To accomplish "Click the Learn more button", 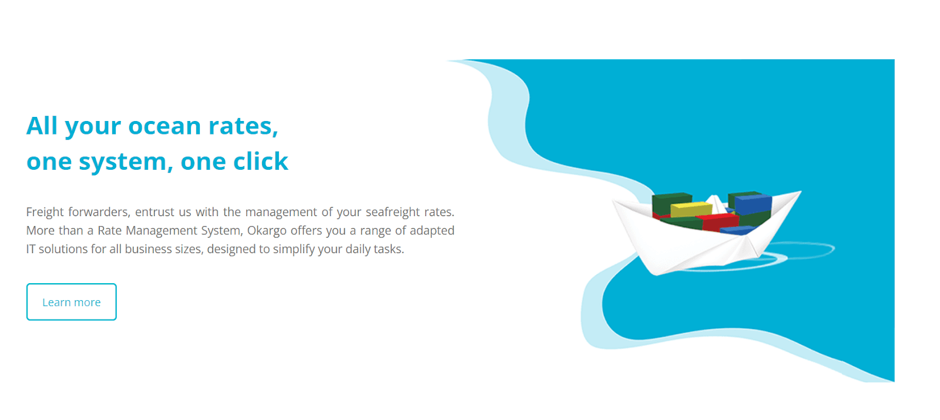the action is tap(71, 302).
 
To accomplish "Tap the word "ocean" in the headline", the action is tap(164, 126).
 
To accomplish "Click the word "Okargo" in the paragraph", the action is tap(267, 231).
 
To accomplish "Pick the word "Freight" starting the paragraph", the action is tap(45, 212).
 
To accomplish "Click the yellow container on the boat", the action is tap(691, 209).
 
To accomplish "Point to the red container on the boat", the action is tap(719, 221).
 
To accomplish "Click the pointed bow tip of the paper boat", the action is tap(801, 191).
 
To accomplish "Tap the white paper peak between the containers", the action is tap(716, 202).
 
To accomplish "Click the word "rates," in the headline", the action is tap(243, 126).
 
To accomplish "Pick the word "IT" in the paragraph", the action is tap(31, 249).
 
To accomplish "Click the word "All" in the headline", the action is tap(42, 126).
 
